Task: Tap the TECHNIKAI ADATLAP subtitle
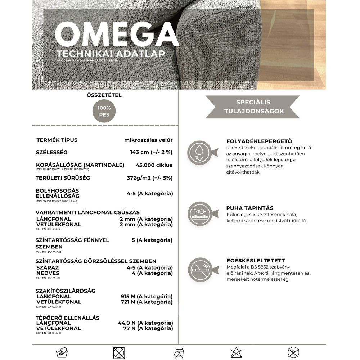click(x=111, y=54)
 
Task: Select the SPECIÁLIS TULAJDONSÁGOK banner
click(x=253, y=107)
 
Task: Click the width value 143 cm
click(x=151, y=152)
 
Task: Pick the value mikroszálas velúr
click(x=148, y=140)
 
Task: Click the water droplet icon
click(x=199, y=153)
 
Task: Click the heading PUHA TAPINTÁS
click(x=250, y=208)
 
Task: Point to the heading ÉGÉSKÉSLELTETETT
click(x=256, y=261)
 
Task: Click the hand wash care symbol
click(x=62, y=352)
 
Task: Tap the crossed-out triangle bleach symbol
click(x=236, y=352)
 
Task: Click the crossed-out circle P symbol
click(x=293, y=352)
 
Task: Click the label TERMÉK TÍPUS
click(x=57, y=140)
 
